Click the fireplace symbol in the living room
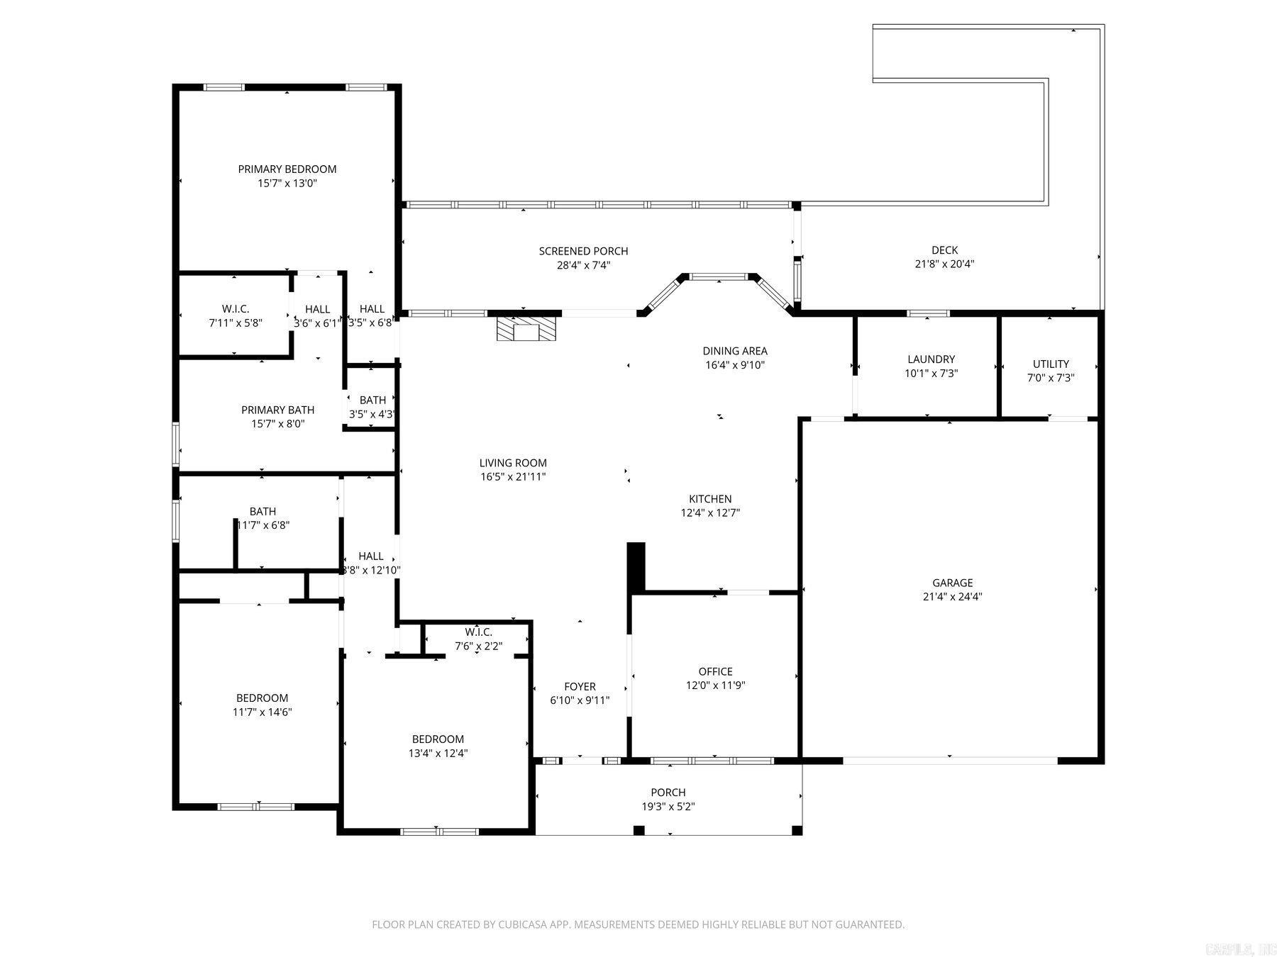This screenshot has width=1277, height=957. (526, 330)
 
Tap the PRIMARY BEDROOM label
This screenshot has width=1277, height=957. (287, 169)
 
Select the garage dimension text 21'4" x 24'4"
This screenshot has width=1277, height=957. (952, 597)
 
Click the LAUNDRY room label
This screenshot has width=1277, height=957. (931, 359)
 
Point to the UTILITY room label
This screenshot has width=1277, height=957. (1051, 364)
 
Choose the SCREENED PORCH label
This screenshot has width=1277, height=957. (583, 251)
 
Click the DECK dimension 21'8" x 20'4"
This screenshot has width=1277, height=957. (944, 264)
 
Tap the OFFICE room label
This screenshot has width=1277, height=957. (715, 671)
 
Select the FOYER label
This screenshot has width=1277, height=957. (580, 686)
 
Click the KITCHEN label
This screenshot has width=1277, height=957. (710, 499)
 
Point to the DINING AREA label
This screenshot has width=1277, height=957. (734, 351)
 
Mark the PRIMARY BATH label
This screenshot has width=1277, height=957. (277, 410)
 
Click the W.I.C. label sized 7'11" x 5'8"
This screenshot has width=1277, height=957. (236, 309)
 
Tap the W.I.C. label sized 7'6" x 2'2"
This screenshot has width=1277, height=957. (478, 632)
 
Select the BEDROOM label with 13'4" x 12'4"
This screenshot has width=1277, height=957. (438, 739)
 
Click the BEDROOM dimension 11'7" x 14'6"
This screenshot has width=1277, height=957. (262, 712)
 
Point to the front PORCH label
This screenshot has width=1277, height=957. (668, 793)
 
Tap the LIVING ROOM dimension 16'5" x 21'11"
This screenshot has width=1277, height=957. (512, 477)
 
